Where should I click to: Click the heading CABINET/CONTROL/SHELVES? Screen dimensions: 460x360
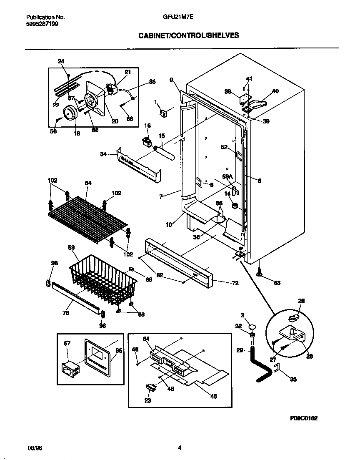click(x=188, y=35)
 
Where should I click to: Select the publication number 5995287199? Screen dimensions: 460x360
click(x=42, y=24)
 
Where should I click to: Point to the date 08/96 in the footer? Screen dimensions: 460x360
click(x=33, y=448)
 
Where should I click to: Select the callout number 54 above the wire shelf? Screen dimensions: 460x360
click(x=88, y=183)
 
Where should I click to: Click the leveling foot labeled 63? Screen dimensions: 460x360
click(x=260, y=273)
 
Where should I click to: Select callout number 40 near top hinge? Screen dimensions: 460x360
click(x=275, y=91)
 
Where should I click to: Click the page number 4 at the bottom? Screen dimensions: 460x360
click(x=180, y=448)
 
